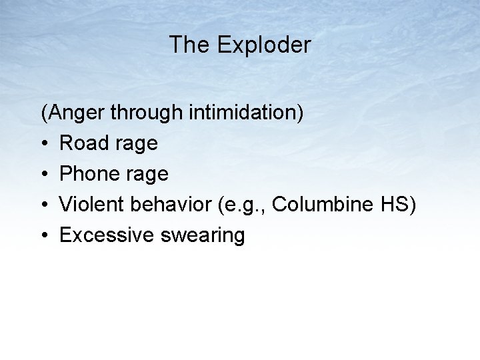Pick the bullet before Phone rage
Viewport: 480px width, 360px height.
coord(45,175)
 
